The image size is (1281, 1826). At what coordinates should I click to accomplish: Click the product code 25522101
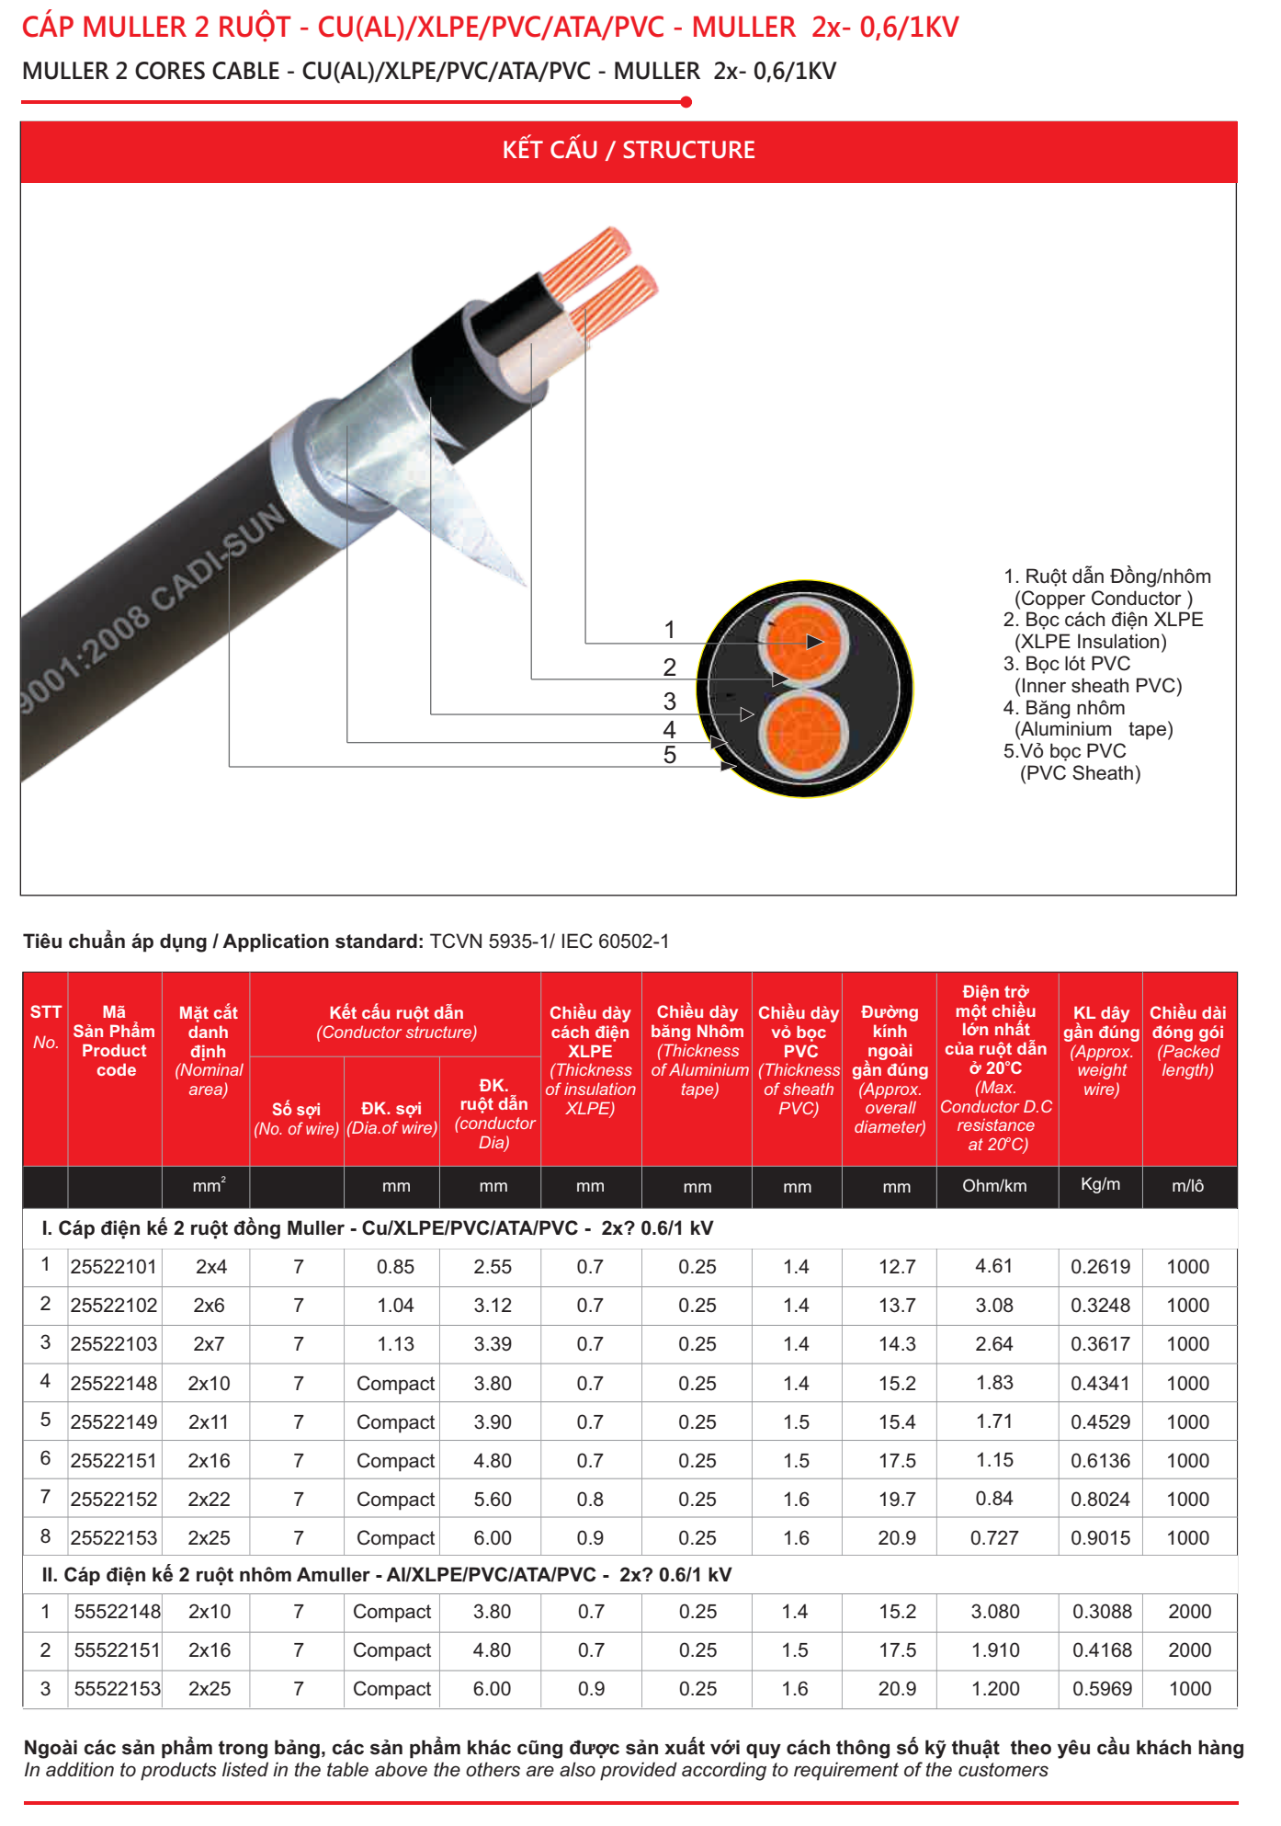point(114,1267)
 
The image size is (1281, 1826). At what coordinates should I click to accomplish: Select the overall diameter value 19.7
point(897,1500)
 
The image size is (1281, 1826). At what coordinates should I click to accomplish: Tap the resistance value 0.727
point(994,1538)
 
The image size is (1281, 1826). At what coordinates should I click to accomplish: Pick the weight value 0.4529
point(1100,1422)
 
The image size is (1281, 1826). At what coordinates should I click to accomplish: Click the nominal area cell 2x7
point(209,1344)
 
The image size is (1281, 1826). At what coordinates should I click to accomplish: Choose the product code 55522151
point(117,1650)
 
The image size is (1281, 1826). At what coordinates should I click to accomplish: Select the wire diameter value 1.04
point(395,1306)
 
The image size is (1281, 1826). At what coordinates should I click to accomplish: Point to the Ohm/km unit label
point(994,1186)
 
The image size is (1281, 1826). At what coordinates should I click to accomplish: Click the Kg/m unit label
point(1100,1184)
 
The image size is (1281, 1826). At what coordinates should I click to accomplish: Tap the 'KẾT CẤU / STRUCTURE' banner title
point(629,150)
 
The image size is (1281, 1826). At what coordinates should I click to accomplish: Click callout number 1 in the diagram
point(670,630)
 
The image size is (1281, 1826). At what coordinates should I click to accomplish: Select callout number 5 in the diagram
point(670,755)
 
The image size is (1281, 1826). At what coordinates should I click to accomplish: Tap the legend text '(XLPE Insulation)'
point(1090,642)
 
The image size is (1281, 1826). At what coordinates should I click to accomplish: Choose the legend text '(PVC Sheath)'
point(1080,773)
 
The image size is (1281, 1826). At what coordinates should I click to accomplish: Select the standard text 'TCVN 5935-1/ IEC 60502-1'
point(550,942)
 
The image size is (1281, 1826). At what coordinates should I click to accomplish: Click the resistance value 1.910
point(995,1650)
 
